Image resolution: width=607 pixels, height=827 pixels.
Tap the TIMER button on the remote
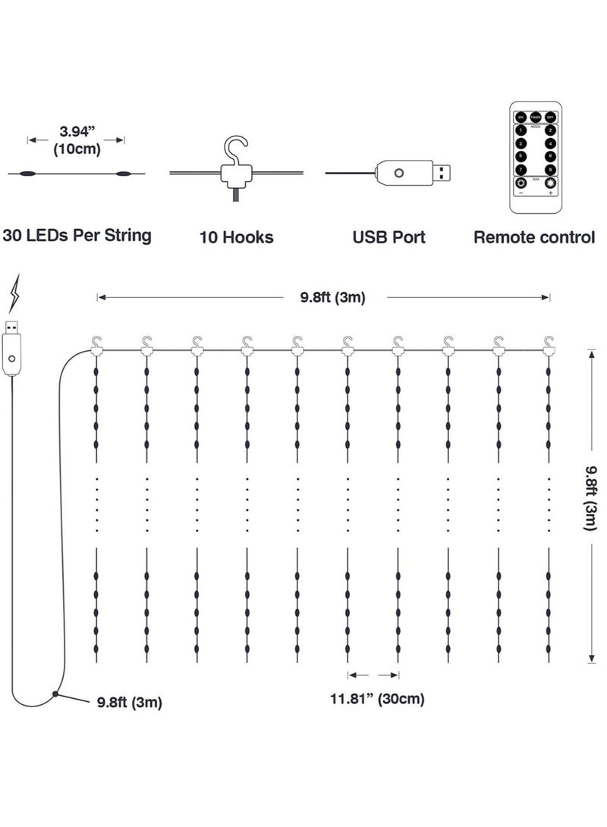[536, 117]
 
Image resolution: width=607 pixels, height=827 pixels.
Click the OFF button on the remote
[550, 117]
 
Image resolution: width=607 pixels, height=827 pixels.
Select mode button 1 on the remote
[521, 130]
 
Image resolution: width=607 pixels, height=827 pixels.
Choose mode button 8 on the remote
[550, 169]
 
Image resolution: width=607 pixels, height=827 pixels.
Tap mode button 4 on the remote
[550, 143]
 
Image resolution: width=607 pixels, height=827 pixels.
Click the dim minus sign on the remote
[521, 193]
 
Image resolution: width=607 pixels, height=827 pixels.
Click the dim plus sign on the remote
[550, 193]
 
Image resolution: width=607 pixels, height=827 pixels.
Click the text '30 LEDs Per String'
[77, 235]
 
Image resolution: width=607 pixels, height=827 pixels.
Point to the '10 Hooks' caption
[236, 237]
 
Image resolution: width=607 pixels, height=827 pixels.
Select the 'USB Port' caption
[388, 237]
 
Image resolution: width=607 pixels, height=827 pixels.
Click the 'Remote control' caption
[534, 237]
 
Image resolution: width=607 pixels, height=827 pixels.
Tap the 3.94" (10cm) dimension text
[77, 141]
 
